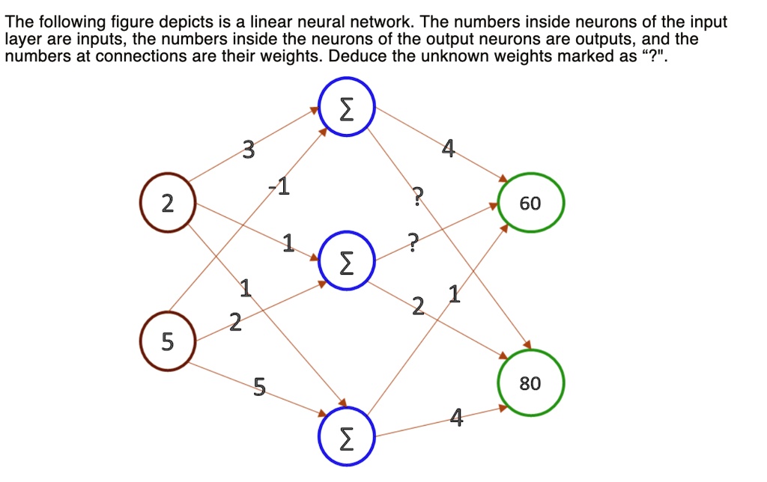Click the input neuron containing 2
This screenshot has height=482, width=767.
tap(167, 203)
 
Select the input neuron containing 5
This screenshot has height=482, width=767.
tap(167, 342)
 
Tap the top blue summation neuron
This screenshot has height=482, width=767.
tap(346, 109)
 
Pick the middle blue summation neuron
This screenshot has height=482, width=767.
tap(346, 263)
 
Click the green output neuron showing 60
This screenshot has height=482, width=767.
tap(530, 204)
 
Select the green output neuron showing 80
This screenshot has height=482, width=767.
tap(530, 384)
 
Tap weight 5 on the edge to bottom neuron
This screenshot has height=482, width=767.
tap(258, 386)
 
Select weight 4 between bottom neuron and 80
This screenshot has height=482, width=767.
tap(456, 417)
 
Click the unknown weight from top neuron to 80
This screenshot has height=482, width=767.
tap(418, 198)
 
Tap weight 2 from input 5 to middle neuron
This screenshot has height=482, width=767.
tap(235, 323)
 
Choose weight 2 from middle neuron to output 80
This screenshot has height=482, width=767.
tap(418, 305)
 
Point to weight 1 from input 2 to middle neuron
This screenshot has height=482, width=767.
tap(287, 242)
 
